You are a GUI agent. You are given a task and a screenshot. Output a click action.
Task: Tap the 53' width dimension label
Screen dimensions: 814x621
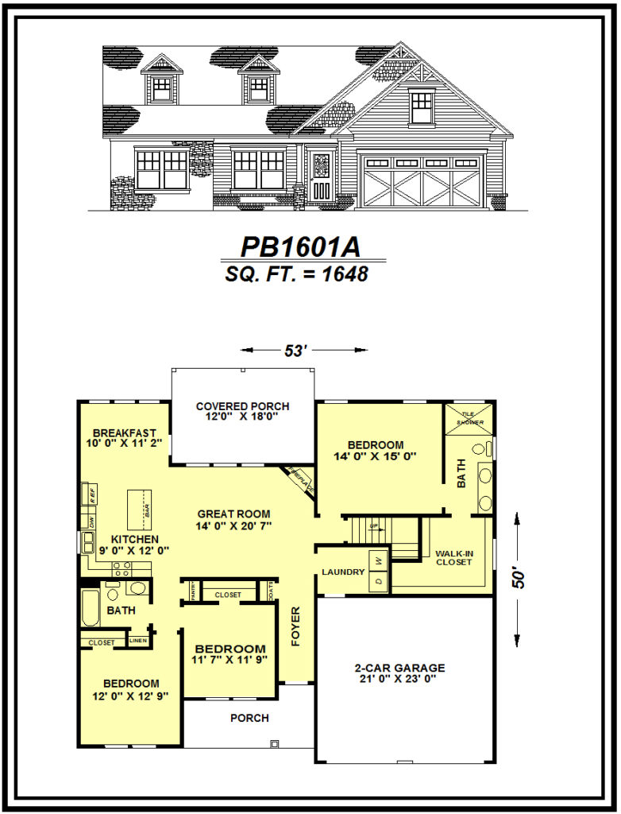click(x=295, y=351)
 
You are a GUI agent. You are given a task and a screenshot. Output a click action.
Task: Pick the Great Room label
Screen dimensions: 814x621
click(x=233, y=514)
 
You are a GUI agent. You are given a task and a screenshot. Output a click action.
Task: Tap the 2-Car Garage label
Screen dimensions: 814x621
click(x=399, y=668)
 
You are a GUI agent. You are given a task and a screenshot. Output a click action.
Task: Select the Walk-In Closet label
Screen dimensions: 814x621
click(x=453, y=557)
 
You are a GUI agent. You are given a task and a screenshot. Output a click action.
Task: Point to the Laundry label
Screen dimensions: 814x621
click(x=343, y=572)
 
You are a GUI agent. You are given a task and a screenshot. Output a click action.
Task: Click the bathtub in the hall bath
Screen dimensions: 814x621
click(x=91, y=607)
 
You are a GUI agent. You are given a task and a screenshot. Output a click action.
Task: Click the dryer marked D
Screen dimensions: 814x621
click(x=378, y=582)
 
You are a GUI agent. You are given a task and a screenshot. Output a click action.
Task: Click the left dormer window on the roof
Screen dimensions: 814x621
click(x=161, y=87)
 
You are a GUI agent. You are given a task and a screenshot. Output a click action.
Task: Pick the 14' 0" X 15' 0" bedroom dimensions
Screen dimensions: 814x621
click(x=376, y=456)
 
